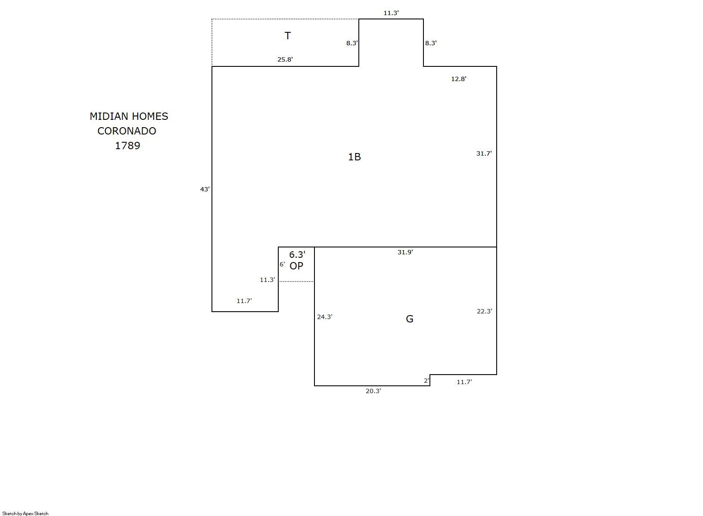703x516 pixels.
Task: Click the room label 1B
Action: click(355, 157)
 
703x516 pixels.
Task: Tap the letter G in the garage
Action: click(410, 319)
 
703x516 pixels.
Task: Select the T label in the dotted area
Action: click(287, 36)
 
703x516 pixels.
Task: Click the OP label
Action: click(296, 266)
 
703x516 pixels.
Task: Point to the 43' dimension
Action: click(205, 189)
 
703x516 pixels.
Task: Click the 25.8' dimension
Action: click(285, 59)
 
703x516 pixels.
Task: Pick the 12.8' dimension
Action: click(459, 79)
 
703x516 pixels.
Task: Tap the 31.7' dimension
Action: click(484, 153)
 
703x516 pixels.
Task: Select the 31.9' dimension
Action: click(405, 252)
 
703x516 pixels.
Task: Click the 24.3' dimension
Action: click(325, 316)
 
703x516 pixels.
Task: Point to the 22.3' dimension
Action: click(485, 311)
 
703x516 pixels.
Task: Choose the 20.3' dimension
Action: click(373, 391)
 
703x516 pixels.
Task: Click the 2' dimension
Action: click(426, 381)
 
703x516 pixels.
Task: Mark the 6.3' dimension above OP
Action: click(297, 254)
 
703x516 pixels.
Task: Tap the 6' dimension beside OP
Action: click(283, 264)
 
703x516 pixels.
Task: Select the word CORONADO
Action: click(127, 131)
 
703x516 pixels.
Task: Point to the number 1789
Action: click(128, 145)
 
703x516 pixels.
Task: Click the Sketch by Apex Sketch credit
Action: click(25, 513)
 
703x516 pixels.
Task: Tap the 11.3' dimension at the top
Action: click(391, 13)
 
